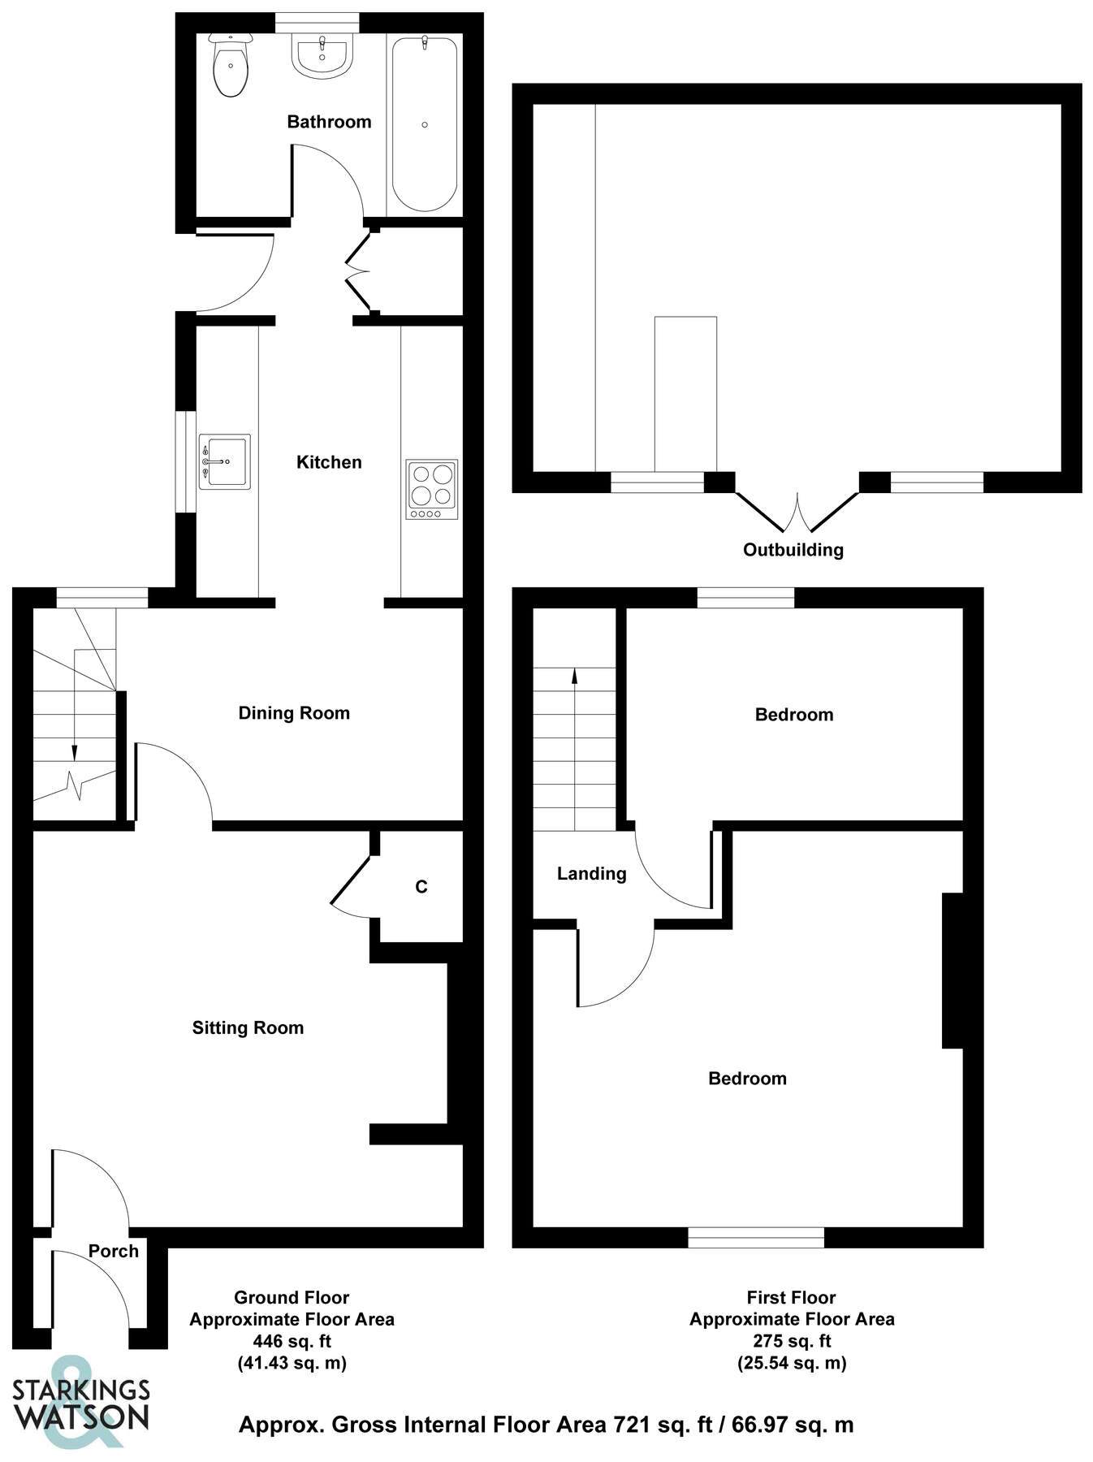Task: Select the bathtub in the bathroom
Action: [x=424, y=123]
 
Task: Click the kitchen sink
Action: [x=225, y=461]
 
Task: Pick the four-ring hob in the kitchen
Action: [x=432, y=489]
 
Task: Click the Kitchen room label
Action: [x=329, y=462]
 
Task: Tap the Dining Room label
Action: [x=294, y=713]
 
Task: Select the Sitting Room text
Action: [x=248, y=1027]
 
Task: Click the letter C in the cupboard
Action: [x=421, y=887]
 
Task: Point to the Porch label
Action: [x=114, y=1251]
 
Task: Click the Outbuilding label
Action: [x=793, y=550]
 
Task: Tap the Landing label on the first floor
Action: [x=591, y=874]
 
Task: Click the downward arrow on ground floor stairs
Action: [x=75, y=750]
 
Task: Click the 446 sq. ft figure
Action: [x=292, y=1341]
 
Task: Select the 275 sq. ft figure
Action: [x=792, y=1341]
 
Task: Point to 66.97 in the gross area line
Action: [x=760, y=1425]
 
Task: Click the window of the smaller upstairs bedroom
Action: [x=745, y=598]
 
